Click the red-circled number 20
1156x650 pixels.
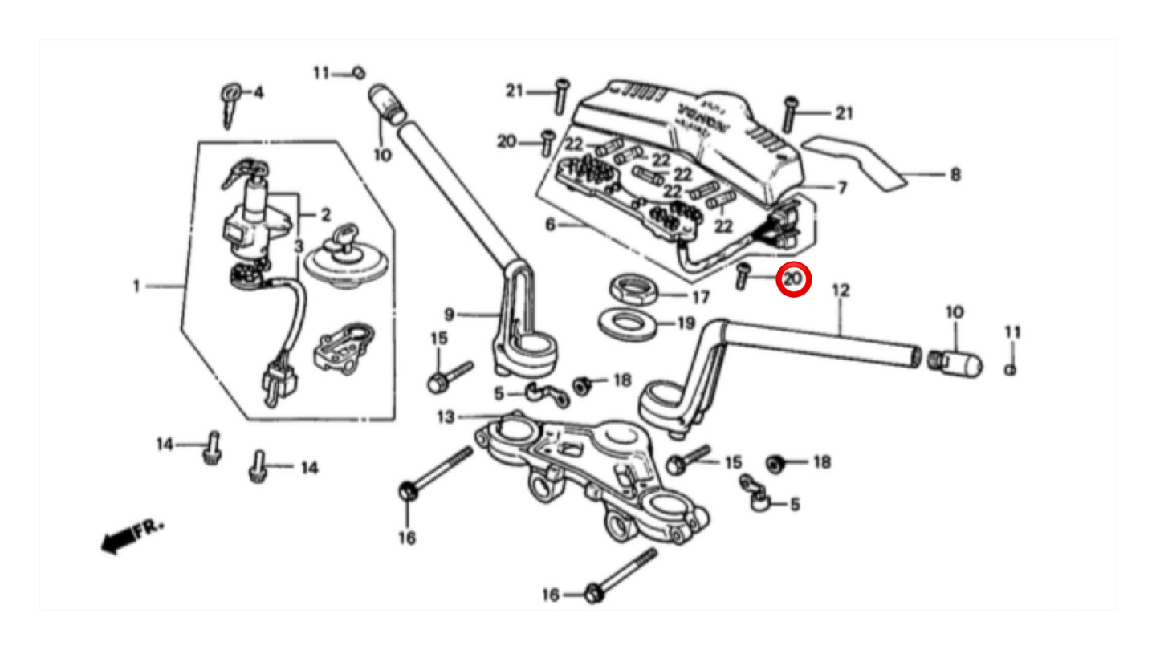792,278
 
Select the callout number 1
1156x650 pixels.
137,285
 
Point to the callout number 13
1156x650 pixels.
446,416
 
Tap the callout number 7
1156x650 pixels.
841,188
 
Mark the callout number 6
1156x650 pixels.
550,225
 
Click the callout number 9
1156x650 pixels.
450,315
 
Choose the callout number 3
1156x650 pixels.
299,245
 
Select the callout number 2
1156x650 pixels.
325,215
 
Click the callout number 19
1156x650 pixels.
685,324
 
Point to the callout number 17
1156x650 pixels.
700,298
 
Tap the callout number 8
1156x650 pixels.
955,173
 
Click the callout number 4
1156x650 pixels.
258,93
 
